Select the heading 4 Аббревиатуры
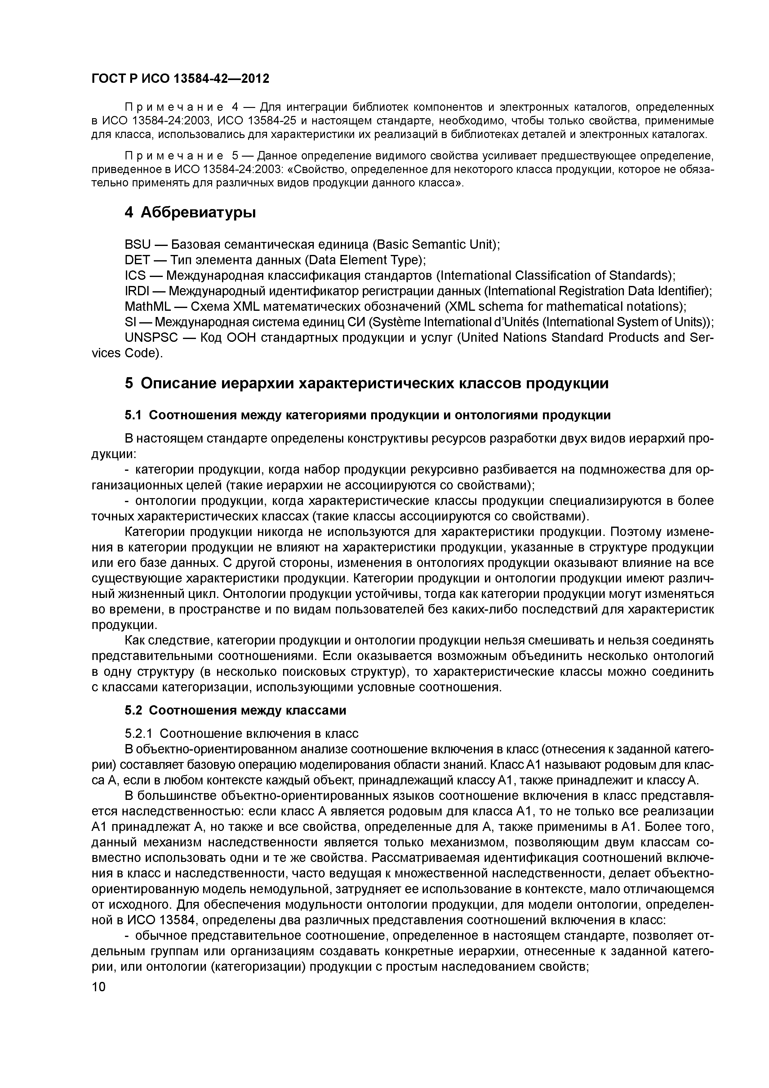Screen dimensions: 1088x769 [x=190, y=213]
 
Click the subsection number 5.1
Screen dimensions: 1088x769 [x=133, y=415]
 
